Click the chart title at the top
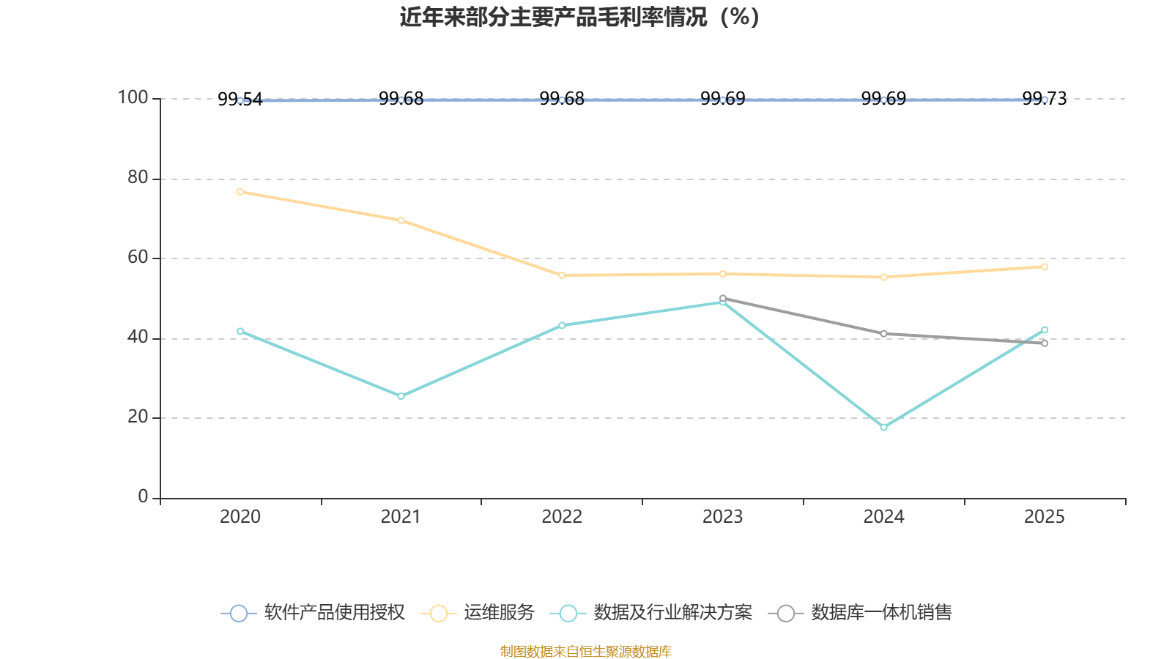(579, 17)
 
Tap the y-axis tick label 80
(137, 178)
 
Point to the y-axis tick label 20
(137, 417)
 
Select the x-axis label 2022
(562, 517)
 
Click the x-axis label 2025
(1044, 517)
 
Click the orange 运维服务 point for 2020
(240, 192)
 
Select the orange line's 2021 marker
(401, 220)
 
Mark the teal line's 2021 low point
(401, 396)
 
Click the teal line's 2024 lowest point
(883, 427)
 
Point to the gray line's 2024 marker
(883, 334)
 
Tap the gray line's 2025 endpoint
(1045, 343)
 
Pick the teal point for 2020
(240, 331)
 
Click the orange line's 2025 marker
(1045, 267)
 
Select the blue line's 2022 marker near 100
(562, 100)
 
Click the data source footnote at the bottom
(585, 651)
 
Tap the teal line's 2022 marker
(562, 325)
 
